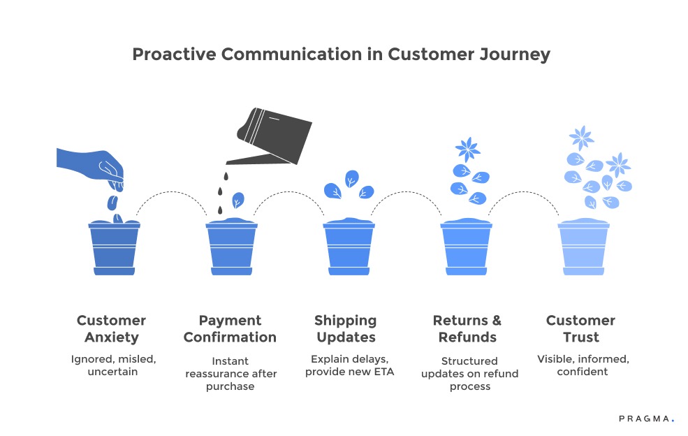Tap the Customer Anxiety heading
point(112,328)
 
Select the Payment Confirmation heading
point(230,328)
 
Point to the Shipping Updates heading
point(346,328)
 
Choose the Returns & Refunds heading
point(467,328)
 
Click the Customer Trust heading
point(580,328)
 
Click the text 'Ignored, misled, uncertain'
point(113,365)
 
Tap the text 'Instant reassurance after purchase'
point(230,373)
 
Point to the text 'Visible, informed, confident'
point(583,365)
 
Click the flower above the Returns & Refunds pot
point(467,150)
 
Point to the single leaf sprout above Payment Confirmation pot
point(237,201)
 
